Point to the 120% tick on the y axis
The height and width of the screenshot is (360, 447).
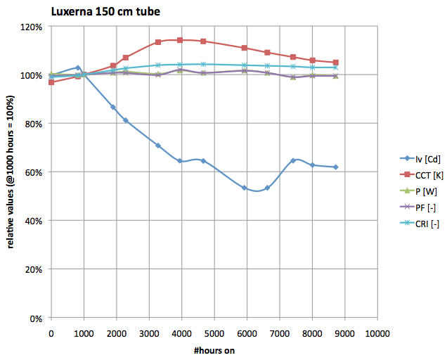32,27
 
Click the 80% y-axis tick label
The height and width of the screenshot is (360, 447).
34,124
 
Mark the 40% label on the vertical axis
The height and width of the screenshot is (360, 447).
34,221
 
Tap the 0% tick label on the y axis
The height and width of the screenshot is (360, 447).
37,319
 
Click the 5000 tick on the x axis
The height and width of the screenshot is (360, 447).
214,332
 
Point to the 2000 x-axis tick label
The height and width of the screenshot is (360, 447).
116,332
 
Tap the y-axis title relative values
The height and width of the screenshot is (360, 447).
10,172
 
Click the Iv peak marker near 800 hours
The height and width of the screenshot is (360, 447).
77,67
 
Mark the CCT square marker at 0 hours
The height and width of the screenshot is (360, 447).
51,82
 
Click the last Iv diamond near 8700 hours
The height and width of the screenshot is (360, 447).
335,167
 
